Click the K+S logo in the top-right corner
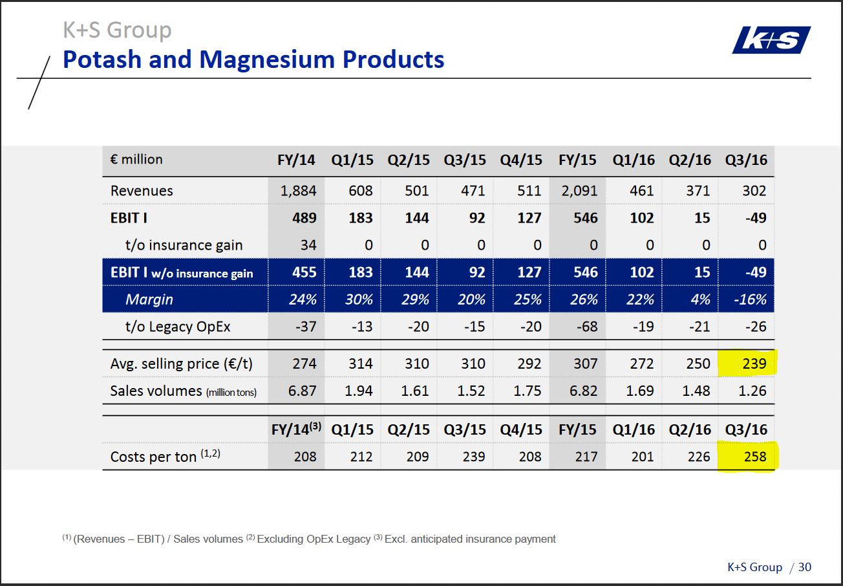pyautogui.click(x=771, y=40)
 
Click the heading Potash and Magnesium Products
pyautogui.click(x=253, y=60)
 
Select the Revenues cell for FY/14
pyautogui.click(x=298, y=191)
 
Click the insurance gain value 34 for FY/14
pyautogui.click(x=308, y=245)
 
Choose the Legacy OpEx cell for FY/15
pyautogui.click(x=586, y=327)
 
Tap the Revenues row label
pyautogui.click(x=142, y=191)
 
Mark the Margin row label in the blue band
pyautogui.click(x=149, y=299)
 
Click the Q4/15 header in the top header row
pyautogui.click(x=521, y=160)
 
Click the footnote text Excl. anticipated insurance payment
pyautogui.click(x=470, y=539)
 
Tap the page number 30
pyautogui.click(x=804, y=567)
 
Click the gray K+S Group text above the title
pyautogui.click(x=117, y=30)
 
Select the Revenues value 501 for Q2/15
pyautogui.click(x=416, y=191)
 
